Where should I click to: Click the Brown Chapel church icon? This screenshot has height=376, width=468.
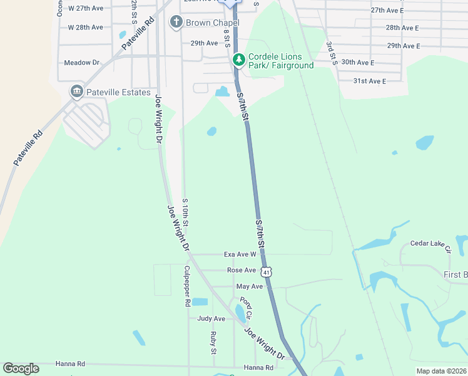pos(176,23)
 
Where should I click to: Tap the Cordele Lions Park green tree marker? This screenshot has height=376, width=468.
pos(238,60)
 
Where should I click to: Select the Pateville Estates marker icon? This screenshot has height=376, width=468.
pos(77,92)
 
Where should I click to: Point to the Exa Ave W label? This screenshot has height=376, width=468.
pos(240,254)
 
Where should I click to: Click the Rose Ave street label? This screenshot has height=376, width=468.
pos(242,270)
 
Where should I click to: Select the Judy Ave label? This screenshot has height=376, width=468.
pos(211,318)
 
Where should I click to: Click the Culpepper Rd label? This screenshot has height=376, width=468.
pos(186,286)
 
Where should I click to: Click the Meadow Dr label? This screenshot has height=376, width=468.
pos(82,63)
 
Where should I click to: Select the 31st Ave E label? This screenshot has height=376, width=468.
pos(370,81)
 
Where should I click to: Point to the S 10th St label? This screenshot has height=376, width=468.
pos(186,213)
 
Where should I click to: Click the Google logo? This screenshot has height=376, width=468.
pos(21,368)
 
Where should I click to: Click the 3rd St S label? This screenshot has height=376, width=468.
pos(331,54)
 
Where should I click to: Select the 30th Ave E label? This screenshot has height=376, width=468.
pos(358,63)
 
